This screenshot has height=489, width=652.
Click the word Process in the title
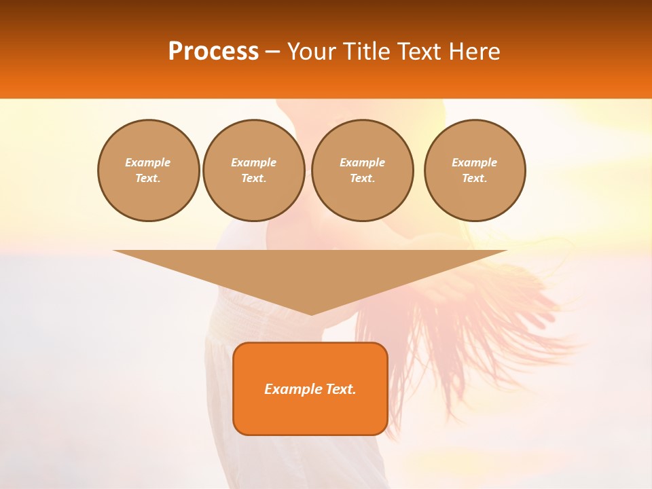[213, 52]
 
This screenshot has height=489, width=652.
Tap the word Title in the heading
[364, 52]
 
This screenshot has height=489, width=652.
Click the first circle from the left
[148, 170]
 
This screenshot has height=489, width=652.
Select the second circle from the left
[253, 170]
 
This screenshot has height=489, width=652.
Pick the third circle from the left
[362, 170]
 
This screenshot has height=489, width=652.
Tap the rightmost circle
[474, 170]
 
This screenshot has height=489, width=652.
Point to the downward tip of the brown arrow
[311, 314]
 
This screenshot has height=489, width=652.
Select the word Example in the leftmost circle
[148, 163]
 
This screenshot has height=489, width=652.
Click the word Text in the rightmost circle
[474, 179]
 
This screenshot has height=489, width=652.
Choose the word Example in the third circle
[362, 163]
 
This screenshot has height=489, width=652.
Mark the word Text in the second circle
[253, 179]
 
